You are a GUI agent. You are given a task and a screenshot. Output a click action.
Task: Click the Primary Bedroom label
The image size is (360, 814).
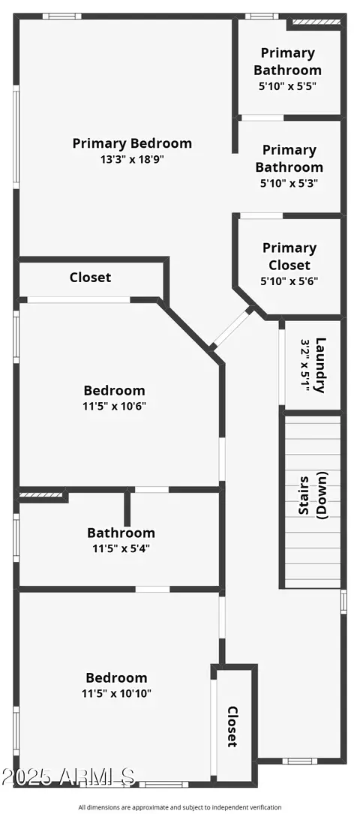point(132,143)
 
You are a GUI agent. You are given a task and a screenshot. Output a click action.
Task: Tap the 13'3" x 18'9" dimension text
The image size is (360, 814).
point(132,159)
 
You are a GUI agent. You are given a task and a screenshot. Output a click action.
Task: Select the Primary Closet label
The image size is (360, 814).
point(289,257)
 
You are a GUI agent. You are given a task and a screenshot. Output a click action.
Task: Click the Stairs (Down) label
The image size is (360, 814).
point(313,496)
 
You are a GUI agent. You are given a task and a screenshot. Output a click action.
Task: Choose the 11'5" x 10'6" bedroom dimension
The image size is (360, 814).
point(114,406)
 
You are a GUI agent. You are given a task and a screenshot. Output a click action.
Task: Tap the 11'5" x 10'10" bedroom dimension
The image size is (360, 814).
point(117,693)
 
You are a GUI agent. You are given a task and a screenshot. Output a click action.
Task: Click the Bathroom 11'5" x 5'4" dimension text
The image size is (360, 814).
point(121,548)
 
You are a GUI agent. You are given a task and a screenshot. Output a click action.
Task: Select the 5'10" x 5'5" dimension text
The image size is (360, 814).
point(287,86)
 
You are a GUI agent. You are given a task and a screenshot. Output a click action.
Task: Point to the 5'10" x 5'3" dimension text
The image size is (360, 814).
point(289,183)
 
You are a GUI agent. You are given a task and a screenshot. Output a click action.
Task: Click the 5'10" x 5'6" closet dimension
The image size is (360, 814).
point(289,281)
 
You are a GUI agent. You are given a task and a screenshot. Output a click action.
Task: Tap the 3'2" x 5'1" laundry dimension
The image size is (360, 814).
point(305,365)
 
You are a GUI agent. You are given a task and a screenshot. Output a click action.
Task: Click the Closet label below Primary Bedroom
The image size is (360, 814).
point(90,278)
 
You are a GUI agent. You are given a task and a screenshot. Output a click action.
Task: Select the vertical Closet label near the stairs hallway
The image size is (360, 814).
point(232,726)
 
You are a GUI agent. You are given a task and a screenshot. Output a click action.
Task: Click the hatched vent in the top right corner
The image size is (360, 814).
point(316,22)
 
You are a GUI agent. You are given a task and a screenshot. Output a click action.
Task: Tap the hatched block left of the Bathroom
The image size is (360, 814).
point(40,494)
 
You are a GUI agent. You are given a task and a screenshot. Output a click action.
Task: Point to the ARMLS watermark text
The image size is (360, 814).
point(68,776)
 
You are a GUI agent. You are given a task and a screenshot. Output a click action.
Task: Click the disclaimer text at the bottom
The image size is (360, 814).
point(180,807)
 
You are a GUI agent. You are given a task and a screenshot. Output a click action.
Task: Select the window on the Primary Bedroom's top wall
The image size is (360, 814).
point(61,16)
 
